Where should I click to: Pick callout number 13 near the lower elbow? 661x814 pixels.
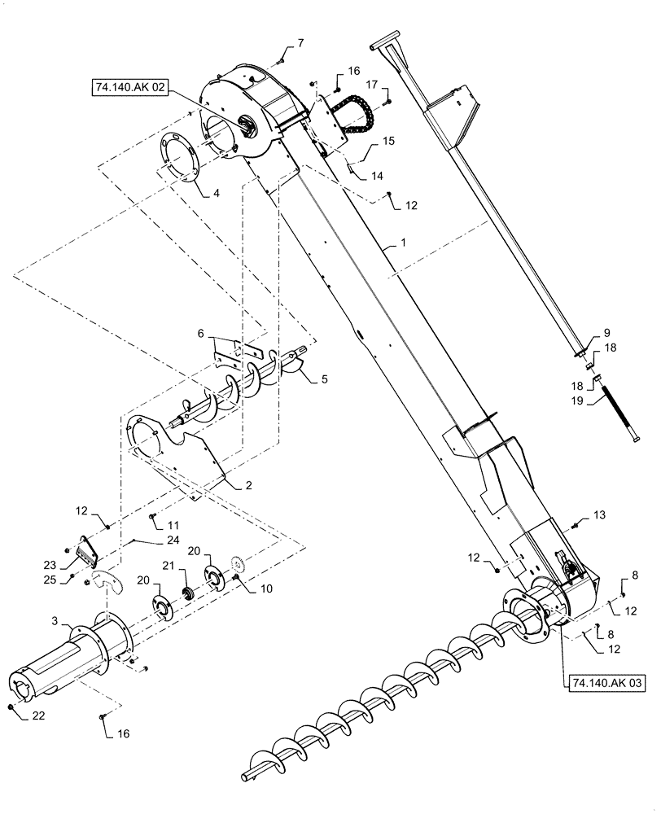(600, 515)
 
